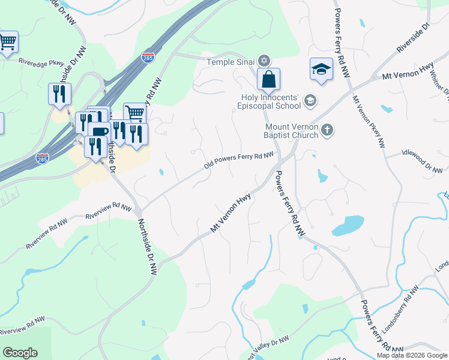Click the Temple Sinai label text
[231, 61]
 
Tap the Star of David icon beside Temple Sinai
[264, 61]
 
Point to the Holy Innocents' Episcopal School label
[271, 101]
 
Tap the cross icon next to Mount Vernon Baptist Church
[327, 130]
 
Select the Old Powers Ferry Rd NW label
[238, 160]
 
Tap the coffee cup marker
[98, 131]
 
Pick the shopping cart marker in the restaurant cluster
[135, 112]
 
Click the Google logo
[20, 353]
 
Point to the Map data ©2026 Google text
[412, 355]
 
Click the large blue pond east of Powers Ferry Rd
[348, 226]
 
